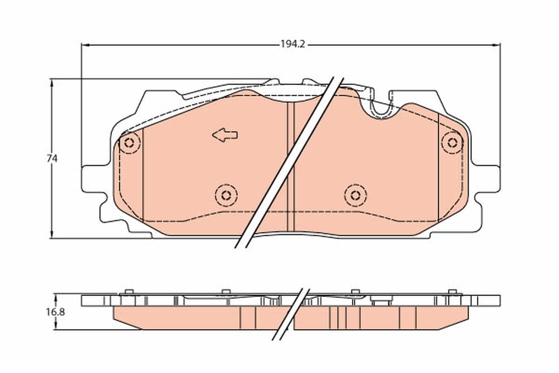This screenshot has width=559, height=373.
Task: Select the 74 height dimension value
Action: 52,159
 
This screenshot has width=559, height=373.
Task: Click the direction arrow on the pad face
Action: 225,135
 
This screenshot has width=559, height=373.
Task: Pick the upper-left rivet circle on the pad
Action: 130,143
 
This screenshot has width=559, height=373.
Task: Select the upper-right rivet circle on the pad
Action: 451,143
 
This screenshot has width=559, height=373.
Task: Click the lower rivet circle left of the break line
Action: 226,195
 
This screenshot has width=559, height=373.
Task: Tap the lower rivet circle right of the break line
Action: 355,195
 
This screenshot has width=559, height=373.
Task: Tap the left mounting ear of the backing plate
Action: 91,179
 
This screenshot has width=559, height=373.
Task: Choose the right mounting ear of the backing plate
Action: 489,179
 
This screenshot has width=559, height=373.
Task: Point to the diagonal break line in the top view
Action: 289,163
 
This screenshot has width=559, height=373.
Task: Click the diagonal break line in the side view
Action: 291,313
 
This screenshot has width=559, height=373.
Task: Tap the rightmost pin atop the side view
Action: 452,292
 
